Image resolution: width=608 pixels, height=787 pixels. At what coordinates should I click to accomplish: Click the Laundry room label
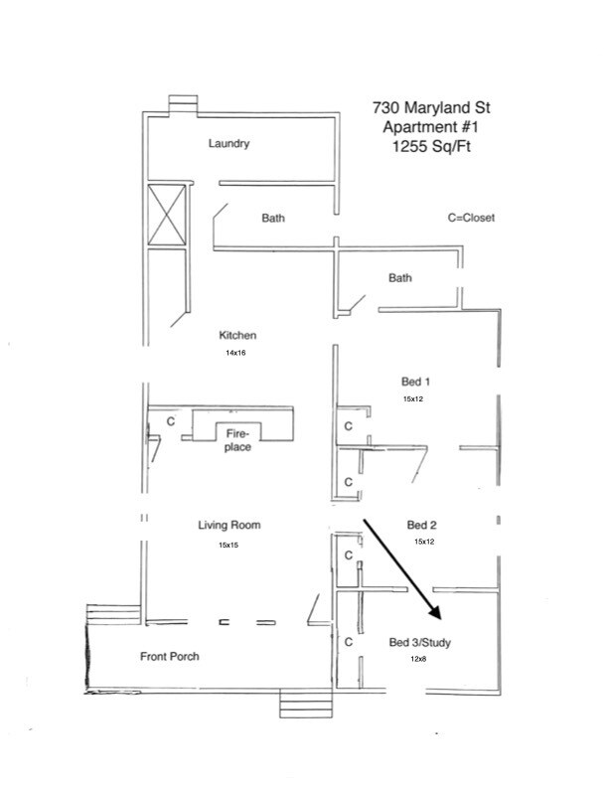228,143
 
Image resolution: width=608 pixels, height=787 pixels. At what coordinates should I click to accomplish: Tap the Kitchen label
238,336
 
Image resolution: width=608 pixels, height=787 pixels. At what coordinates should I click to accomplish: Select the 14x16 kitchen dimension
237,353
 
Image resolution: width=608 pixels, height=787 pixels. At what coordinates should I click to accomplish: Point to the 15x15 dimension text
229,545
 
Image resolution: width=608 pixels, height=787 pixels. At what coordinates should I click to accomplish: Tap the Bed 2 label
424,524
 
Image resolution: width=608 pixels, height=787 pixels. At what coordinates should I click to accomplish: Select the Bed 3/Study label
420,643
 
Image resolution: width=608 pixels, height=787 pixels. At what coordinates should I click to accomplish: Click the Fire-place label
237,440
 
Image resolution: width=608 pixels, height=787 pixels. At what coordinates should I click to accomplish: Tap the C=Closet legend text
471,218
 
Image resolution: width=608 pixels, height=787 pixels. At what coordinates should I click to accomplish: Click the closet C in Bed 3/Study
348,643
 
